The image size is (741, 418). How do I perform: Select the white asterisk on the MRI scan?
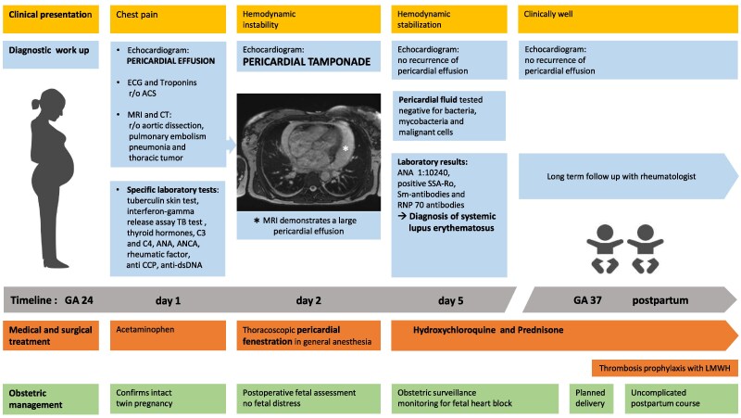(345, 149)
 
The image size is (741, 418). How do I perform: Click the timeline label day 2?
(308, 301)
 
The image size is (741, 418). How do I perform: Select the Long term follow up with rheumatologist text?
(621, 176)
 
